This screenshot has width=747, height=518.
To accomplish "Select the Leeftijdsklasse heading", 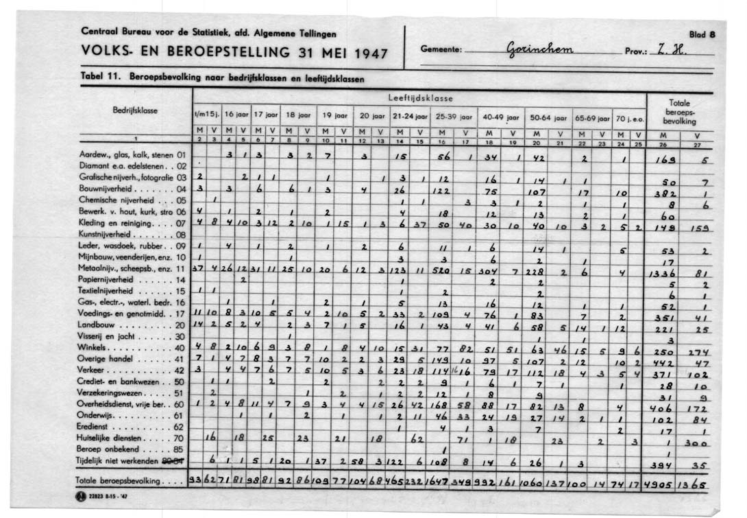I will (420, 98).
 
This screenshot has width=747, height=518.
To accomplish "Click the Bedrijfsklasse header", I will (136, 109).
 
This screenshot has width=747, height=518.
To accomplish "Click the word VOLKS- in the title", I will (103, 54).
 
